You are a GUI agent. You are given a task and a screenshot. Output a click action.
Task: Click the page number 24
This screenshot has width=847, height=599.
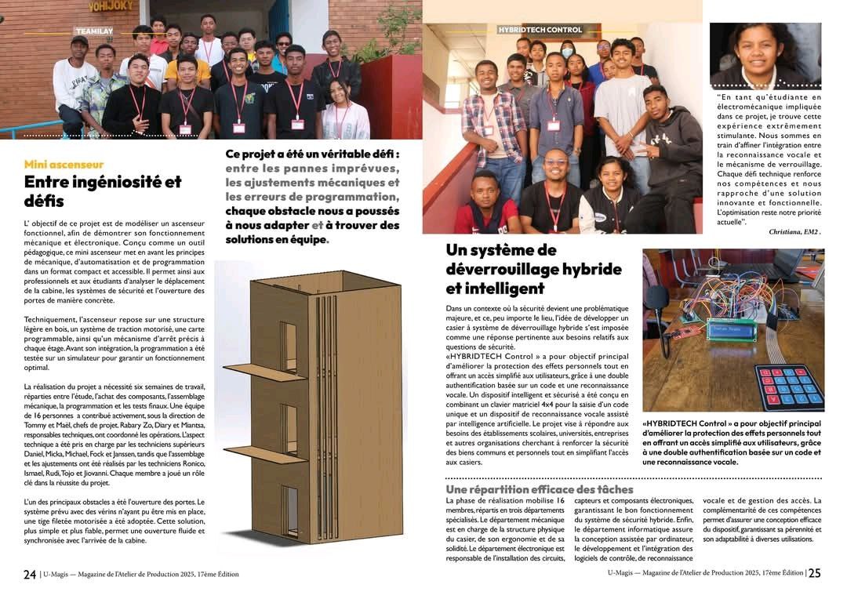pyautogui.click(x=29, y=574)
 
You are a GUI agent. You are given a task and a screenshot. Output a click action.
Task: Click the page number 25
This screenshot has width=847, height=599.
pyautogui.click(x=815, y=573)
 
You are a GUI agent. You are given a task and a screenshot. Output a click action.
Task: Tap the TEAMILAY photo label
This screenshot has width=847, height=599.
pyautogui.click(x=93, y=31)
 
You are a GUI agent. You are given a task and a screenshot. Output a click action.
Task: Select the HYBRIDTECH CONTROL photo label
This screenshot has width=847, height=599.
pyautogui.click(x=540, y=30)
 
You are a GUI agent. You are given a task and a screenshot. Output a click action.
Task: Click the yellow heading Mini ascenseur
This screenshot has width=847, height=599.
pyautogui.click(x=64, y=165)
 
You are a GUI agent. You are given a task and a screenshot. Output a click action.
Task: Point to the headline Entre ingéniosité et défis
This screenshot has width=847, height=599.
pyautogui.click(x=102, y=191)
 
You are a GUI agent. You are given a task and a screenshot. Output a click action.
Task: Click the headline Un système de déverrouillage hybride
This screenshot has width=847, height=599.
pyautogui.click(x=533, y=269)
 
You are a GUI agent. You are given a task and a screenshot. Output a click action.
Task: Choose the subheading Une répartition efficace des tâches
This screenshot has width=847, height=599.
pyautogui.click(x=539, y=489)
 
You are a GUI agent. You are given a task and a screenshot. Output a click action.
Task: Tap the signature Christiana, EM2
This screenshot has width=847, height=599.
pyautogui.click(x=794, y=232)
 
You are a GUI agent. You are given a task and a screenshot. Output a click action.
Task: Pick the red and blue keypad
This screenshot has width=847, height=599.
pyautogui.click(x=788, y=387)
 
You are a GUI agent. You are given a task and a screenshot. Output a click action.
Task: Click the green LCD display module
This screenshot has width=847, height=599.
pyautogui.click(x=731, y=329)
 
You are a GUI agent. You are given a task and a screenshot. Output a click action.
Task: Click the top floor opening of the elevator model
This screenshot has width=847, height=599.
pyautogui.click(x=289, y=346)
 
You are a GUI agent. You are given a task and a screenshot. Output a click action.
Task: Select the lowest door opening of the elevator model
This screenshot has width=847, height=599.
pyautogui.click(x=291, y=510)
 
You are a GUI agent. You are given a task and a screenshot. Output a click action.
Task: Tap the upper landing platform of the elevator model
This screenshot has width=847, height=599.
pyautogui.click(x=265, y=371)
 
